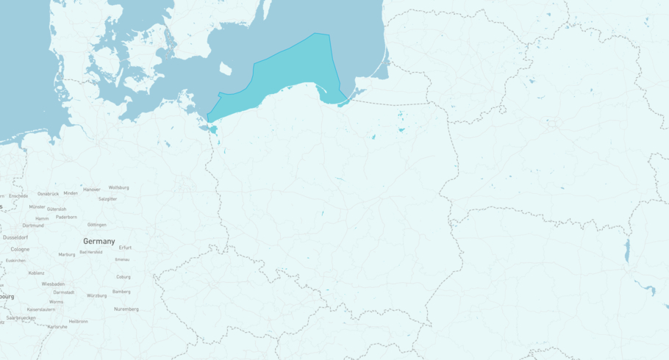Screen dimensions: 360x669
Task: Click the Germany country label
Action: [99, 241]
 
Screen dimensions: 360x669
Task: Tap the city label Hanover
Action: [91, 190]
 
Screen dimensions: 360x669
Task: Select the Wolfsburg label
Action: [118, 187]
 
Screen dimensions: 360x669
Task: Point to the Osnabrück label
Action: [48, 193]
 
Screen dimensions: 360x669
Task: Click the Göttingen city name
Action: [96, 225]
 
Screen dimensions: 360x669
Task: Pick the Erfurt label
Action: [125, 248]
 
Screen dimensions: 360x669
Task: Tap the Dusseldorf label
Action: [15, 237]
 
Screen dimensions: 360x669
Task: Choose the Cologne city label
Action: [20, 249]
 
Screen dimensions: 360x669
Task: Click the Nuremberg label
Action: [126, 309]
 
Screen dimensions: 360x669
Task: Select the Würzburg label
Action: [96, 295]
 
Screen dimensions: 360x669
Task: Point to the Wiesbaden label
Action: [53, 284]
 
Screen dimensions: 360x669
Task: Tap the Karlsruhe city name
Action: [57, 326]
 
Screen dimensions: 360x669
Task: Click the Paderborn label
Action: [66, 217]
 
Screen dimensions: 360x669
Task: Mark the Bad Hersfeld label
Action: [90, 252]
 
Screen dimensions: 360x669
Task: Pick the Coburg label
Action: [124, 277]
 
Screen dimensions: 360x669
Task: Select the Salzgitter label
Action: [107, 198]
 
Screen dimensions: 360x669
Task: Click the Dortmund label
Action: [32, 226]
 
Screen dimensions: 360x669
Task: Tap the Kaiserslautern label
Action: [41, 309]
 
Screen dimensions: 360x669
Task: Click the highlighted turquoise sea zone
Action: [294, 70]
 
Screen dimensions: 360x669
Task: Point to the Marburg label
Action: [66, 254]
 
